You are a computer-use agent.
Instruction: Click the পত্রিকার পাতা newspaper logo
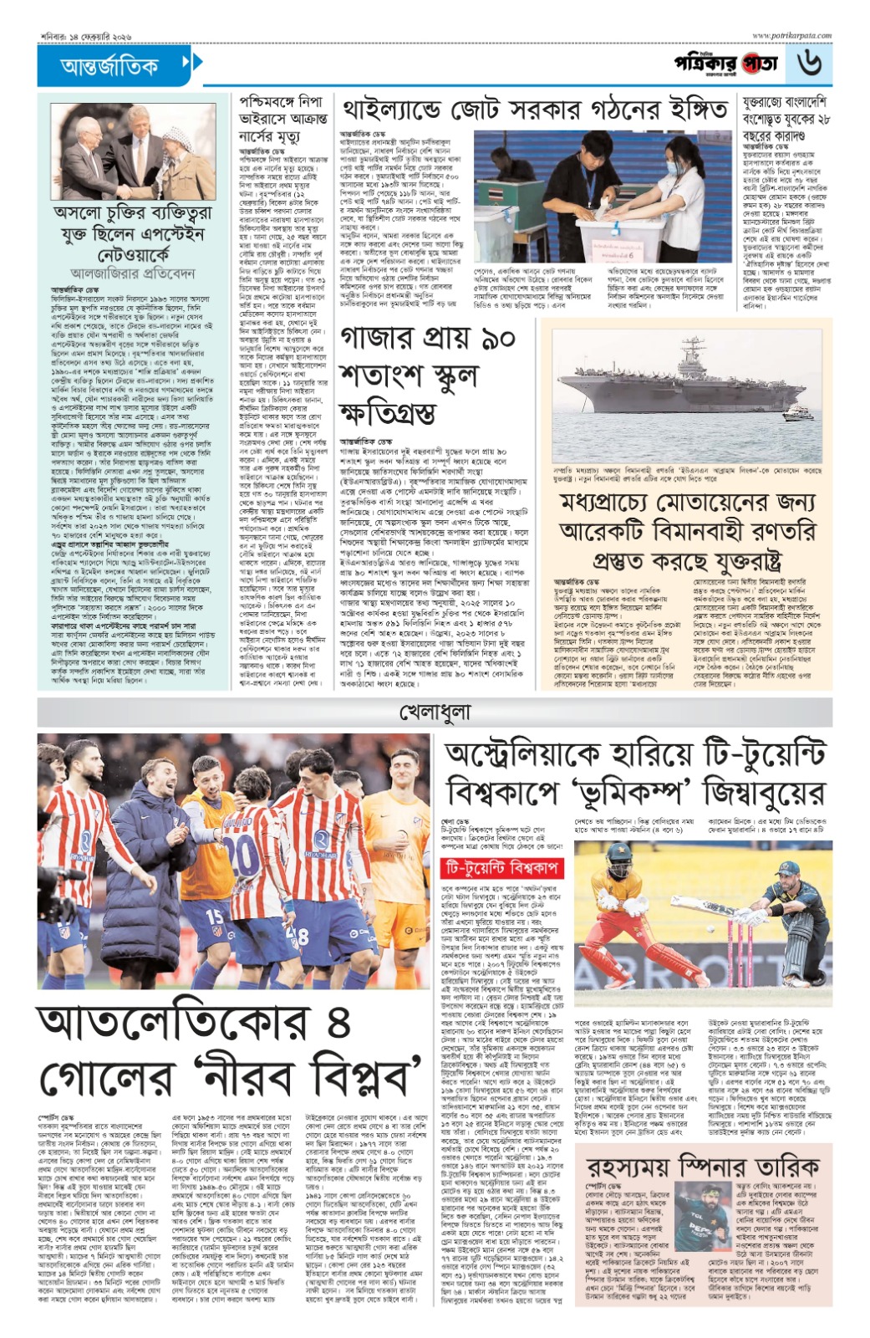[725, 64]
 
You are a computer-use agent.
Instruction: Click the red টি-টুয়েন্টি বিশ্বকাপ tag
[503, 868]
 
